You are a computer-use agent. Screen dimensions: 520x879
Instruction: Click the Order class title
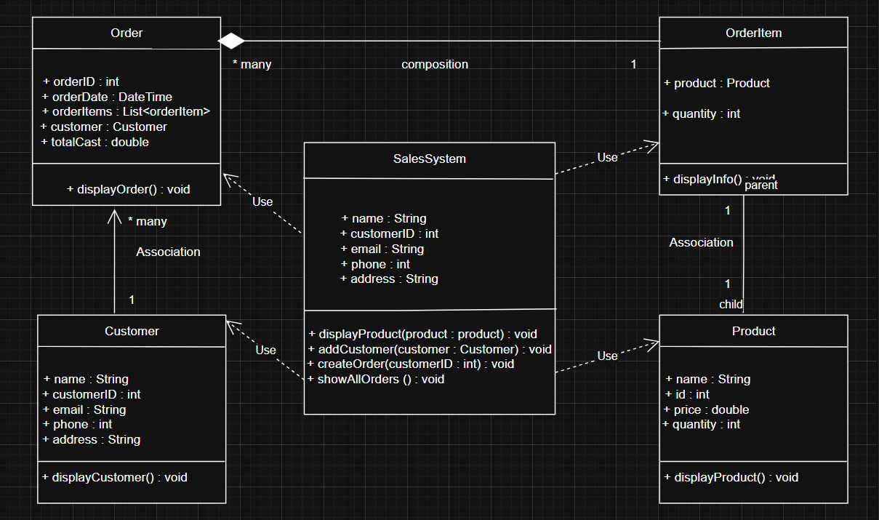127,33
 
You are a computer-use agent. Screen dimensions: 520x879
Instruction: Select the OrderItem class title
753,33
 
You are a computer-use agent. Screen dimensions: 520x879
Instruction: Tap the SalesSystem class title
429,159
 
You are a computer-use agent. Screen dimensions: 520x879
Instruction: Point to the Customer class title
132,331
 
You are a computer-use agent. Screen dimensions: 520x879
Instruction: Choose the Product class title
753,331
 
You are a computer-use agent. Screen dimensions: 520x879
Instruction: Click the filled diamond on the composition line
232,40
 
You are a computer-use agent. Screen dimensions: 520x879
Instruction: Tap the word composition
435,64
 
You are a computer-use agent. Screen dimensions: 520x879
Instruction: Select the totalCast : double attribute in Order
95,143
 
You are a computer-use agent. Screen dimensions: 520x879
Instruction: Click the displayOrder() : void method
128,189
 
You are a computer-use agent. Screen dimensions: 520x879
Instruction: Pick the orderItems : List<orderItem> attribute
127,111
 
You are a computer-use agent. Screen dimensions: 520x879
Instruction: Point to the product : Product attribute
717,83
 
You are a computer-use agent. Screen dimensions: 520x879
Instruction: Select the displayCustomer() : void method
115,477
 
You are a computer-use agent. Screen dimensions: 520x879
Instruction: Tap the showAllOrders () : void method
376,379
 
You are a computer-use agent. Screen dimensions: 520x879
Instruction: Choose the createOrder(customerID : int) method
411,364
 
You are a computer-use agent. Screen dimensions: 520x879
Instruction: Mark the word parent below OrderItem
761,185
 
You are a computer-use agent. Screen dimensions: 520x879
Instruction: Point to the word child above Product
731,305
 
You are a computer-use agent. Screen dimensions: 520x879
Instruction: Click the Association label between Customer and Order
168,252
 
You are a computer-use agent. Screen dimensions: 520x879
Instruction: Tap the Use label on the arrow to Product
608,356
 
